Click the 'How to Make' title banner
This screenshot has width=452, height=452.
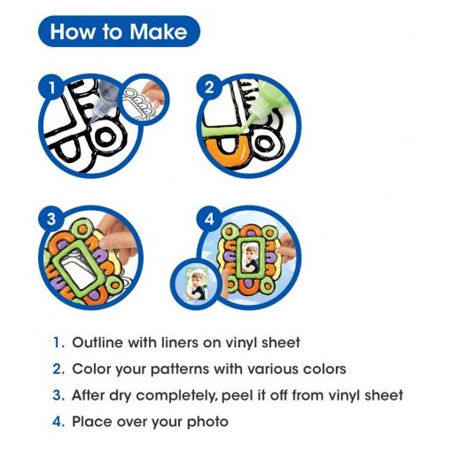[119, 31]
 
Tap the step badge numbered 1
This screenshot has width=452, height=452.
[52, 88]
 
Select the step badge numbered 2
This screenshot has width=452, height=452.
[209, 88]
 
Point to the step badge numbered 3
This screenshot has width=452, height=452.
[51, 219]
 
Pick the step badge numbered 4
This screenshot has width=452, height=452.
[209, 219]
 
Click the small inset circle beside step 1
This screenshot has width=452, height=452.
[144, 99]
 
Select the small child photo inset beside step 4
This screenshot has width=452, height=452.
[196, 284]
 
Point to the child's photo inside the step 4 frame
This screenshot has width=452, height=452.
[250, 257]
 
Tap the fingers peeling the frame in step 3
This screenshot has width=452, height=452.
[117, 239]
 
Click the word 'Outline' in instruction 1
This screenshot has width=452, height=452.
[97, 342]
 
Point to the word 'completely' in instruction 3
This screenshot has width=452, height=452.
[177, 396]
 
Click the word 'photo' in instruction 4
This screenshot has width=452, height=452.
[207, 422]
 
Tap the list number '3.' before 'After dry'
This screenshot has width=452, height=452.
[58, 395]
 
